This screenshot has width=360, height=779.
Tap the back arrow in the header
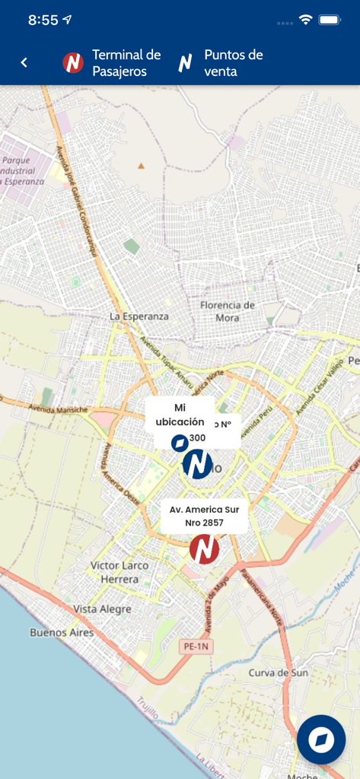point(24,62)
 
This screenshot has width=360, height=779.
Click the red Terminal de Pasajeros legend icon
point(73,63)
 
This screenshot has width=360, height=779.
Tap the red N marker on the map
point(204,549)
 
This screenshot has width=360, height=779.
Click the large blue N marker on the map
point(198,463)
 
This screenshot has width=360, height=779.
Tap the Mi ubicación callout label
point(180,415)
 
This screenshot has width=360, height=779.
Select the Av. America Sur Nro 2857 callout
point(204,516)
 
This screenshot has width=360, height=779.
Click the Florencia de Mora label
point(227,310)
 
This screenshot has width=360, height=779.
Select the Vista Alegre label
point(102,609)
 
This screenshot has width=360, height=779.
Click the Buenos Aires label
point(62,632)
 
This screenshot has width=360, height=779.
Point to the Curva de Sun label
point(279,673)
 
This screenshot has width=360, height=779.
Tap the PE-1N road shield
point(194,646)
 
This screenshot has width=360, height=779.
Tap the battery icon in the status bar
point(330,20)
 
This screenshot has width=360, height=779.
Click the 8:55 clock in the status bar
point(43,21)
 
